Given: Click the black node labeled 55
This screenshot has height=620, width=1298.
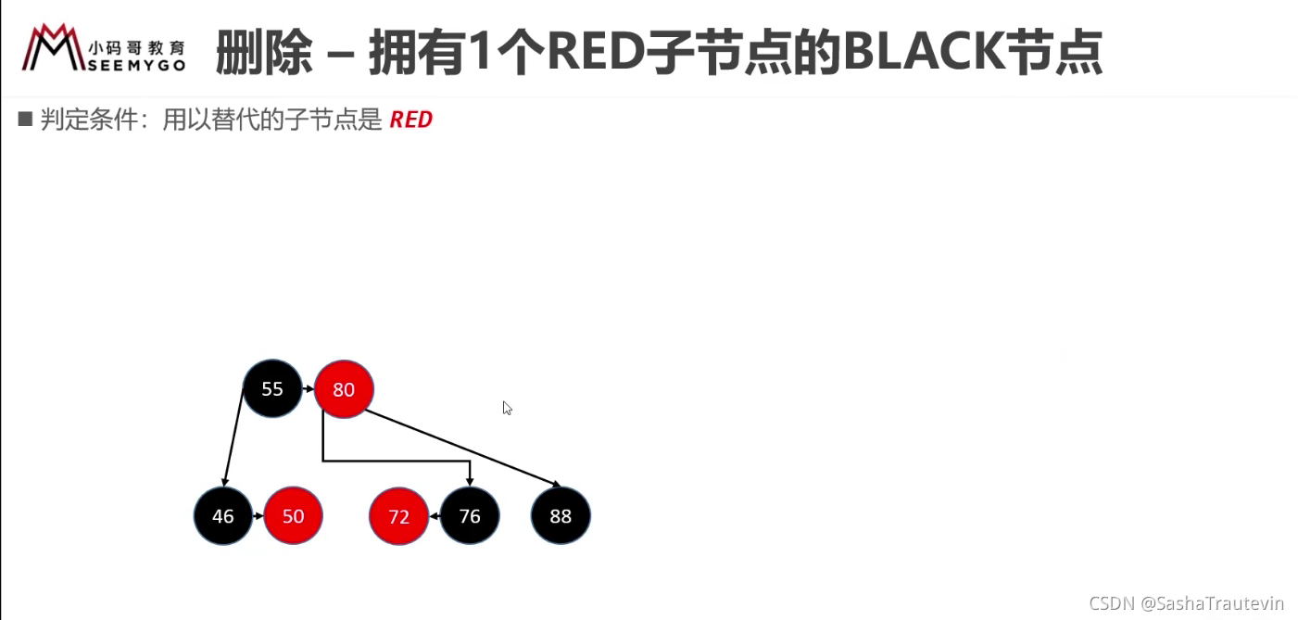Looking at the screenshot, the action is point(272,388).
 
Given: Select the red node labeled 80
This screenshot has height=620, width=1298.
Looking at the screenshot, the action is point(344,389).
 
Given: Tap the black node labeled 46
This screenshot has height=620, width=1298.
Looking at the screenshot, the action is point(223,515).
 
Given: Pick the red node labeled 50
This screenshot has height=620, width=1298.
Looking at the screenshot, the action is point(293,515).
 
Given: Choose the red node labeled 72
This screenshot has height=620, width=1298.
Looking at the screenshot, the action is point(398,515).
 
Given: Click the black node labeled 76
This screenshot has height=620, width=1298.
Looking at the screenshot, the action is point(470,515).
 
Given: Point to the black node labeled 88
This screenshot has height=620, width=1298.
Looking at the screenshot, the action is point(561,515).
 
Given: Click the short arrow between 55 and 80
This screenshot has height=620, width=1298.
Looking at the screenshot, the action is point(309,388).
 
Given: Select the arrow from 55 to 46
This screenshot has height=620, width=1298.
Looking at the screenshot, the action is point(233,437).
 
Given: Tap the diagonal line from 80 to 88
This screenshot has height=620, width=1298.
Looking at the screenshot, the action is point(463,448).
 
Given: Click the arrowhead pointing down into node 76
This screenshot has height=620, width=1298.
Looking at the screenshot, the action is point(470,482).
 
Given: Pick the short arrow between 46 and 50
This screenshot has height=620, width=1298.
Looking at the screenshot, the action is point(258,515).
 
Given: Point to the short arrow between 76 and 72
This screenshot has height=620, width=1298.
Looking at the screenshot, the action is point(435,515).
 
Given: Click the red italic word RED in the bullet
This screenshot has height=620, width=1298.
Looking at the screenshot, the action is point(410,120).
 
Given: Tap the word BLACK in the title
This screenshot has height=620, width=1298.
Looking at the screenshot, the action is point(924,51).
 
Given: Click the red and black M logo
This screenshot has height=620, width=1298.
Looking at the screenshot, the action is point(54,47).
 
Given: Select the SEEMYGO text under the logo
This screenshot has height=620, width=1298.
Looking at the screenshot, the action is point(137,66).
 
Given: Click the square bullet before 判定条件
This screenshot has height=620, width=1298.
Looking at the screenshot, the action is point(25,119).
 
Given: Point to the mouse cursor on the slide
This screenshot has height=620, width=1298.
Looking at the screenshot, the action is point(507,408).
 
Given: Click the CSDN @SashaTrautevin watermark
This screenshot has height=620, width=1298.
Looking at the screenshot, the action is point(1186,603).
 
